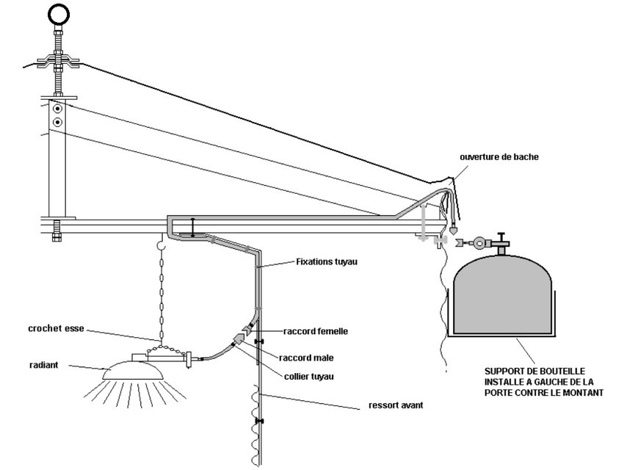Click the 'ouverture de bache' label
[499, 157]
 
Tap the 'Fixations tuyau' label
[327, 262]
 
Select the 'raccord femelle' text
[316, 331]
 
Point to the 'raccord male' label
[306, 358]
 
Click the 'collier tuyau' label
[309, 377]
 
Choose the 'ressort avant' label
[396, 405]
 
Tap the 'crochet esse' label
[56, 329]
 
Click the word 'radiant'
[44, 365]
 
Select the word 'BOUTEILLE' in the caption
[562, 372]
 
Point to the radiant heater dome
[133, 371]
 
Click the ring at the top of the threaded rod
[59, 15]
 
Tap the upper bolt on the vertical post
[58, 108]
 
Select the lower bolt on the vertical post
[58, 122]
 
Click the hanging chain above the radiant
[162, 294]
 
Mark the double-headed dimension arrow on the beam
[193, 228]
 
